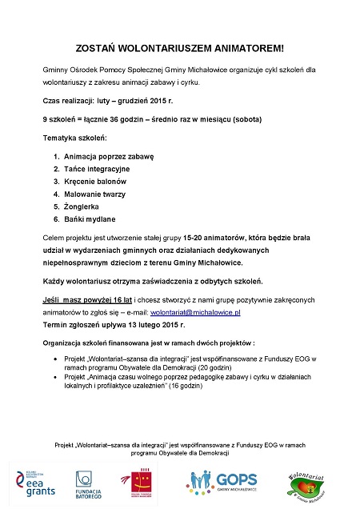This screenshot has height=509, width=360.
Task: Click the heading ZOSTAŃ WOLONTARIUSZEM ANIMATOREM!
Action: [179, 49]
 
